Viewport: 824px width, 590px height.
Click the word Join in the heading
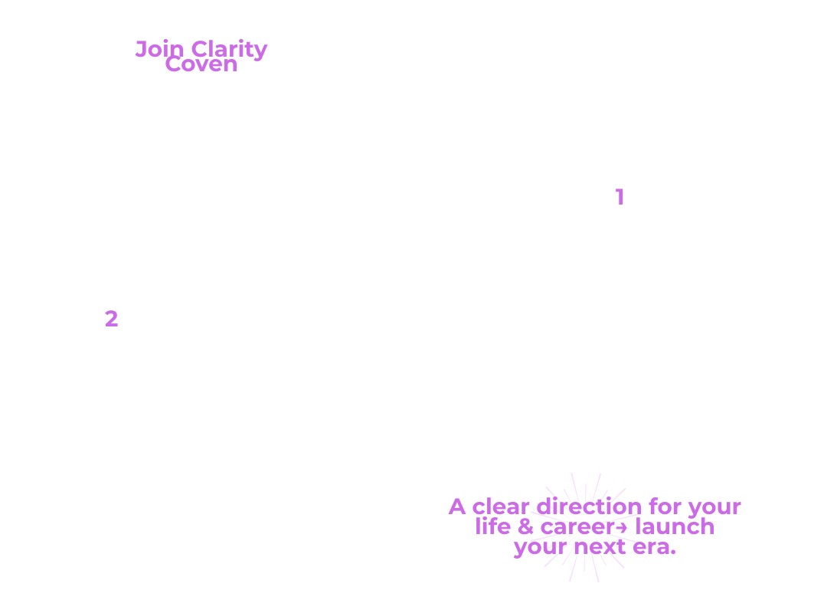[160, 50]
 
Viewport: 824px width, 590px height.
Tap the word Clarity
[230, 51]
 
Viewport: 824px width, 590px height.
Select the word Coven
[201, 64]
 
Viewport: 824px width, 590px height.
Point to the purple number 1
[620, 197]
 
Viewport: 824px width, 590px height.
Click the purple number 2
[111, 319]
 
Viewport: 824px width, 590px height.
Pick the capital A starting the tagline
[457, 507]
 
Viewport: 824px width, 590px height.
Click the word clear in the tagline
[501, 507]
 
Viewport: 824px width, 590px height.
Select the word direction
[589, 507]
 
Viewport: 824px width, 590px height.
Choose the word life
[492, 526]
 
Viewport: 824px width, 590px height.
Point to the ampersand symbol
[525, 527]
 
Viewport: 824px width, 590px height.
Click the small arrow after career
[621, 527]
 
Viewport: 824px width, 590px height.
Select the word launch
[675, 526]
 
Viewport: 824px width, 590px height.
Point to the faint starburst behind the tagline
[585, 527]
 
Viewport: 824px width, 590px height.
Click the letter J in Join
[141, 49]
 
